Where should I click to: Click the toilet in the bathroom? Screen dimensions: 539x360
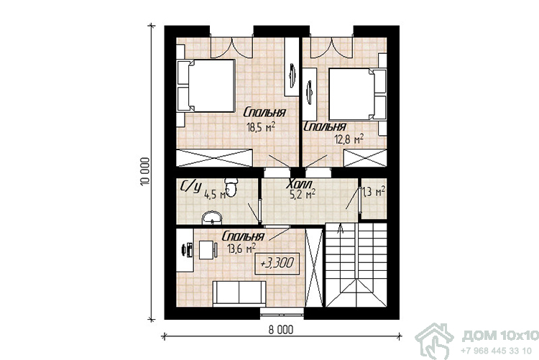click(x=231, y=187)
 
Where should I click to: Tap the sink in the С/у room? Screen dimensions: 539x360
click(x=212, y=218)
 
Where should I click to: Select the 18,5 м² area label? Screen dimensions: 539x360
click(x=261, y=128)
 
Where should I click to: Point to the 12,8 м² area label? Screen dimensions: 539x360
click(x=349, y=139)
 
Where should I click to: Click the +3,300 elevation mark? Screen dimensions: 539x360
click(x=277, y=264)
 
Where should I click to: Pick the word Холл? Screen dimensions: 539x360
click(x=300, y=184)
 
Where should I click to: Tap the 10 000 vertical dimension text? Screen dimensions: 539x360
click(x=145, y=172)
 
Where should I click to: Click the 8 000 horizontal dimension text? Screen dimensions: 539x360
click(x=281, y=330)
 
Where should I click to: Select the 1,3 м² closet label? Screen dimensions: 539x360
click(x=373, y=192)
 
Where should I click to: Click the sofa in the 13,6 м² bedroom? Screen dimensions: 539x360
click(x=239, y=293)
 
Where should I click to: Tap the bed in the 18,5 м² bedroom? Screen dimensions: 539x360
click(x=206, y=86)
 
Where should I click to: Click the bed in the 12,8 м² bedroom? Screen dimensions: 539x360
click(x=357, y=94)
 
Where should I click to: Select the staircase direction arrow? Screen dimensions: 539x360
click(x=341, y=229)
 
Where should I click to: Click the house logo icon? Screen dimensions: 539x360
click(x=435, y=341)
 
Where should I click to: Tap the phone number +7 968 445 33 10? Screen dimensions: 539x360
click(x=496, y=351)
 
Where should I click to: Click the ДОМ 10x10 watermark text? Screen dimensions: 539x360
click(x=500, y=336)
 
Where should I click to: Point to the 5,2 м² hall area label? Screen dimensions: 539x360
click(x=303, y=195)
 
